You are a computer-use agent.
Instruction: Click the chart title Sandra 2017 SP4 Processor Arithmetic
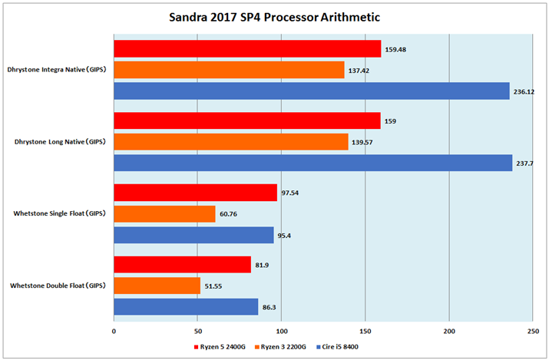coord(274,17)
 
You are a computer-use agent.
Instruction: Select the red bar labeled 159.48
coord(247,49)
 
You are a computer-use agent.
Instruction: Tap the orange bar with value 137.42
coord(229,70)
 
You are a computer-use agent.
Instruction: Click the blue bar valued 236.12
coord(312,91)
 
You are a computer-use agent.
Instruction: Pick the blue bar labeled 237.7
coord(313,163)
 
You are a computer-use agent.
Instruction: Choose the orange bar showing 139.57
coord(230,142)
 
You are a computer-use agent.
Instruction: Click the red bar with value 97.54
coord(195,193)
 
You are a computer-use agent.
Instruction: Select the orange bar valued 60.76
coord(164,214)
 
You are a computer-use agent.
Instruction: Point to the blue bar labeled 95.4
coord(193,235)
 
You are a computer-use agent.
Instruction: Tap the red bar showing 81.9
coord(182,265)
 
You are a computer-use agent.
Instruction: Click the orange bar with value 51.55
coord(157,286)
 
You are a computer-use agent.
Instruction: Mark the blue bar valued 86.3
coord(186,307)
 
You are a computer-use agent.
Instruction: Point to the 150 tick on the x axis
coord(365,331)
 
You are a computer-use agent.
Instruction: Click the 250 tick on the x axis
coord(531,331)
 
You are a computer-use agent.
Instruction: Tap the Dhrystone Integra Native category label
coord(58,70)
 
